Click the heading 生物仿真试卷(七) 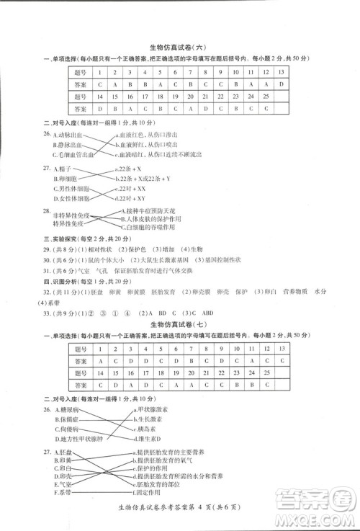point(179,325)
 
